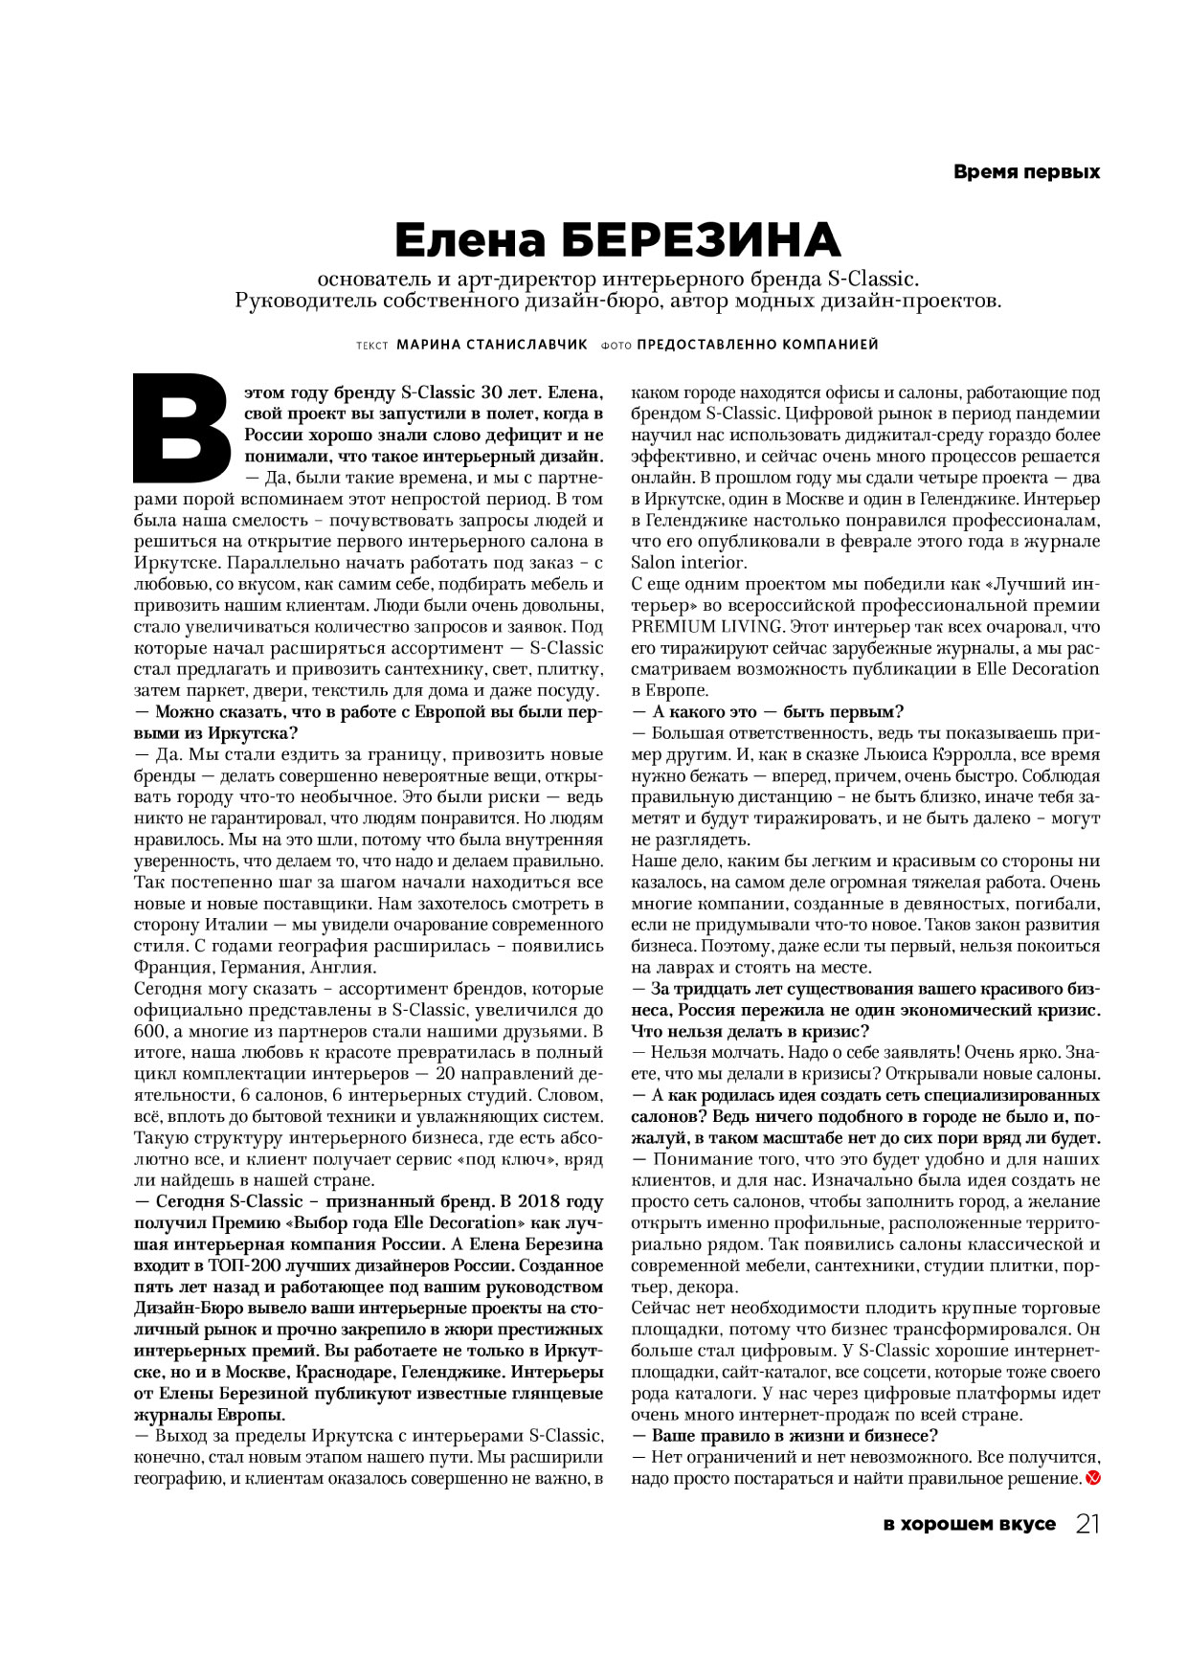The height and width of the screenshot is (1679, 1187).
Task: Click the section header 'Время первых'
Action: click(x=1026, y=172)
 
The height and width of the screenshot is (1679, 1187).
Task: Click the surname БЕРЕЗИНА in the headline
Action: click(x=700, y=239)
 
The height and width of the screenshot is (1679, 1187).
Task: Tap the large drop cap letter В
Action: click(x=182, y=428)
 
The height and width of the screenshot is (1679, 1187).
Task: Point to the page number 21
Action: click(x=1087, y=1524)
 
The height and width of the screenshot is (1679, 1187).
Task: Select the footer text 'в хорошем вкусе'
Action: click(x=969, y=1524)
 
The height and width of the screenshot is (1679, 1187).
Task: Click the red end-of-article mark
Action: click(x=1093, y=1479)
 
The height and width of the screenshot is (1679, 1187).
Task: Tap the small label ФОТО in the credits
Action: click(x=616, y=346)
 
